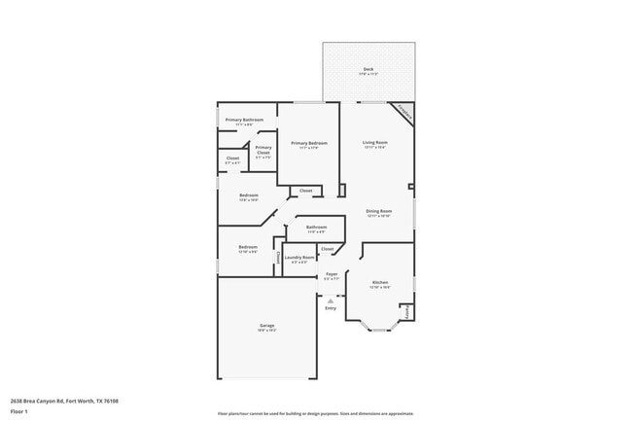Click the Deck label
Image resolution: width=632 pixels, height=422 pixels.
tap(369, 69)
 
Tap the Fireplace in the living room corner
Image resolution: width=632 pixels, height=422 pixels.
tap(404, 114)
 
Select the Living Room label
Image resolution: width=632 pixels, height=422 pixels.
tap(375, 143)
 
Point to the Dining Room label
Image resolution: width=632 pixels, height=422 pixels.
tap(378, 211)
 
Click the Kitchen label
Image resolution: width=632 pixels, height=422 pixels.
tap(380, 283)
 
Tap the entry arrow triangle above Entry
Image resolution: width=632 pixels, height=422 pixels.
tap(331, 300)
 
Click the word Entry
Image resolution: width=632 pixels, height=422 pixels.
tap(331, 308)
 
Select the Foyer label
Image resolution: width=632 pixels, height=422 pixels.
tap(332, 274)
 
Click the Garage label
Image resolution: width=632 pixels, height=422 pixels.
tap(266, 326)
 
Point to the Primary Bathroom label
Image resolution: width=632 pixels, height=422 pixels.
tap(245, 121)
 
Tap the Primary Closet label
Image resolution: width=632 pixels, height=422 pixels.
tap(263, 149)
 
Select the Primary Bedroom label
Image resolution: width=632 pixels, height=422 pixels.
tap(309, 143)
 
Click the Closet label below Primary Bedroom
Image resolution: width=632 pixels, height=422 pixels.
tap(305, 191)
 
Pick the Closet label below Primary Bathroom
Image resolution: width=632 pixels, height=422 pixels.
tap(233, 158)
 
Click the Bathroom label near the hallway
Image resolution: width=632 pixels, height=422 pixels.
tap(317, 229)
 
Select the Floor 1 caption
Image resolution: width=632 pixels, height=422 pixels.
tap(19, 411)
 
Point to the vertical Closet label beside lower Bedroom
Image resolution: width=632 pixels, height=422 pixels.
tap(279, 258)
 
